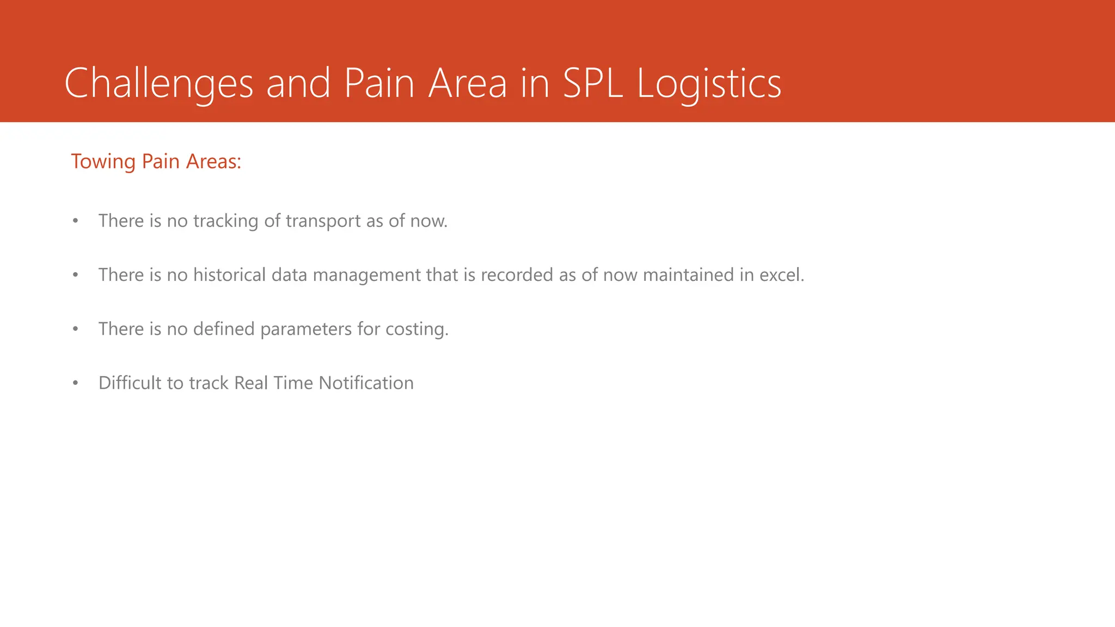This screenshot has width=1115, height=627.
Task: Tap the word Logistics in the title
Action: pos(709,83)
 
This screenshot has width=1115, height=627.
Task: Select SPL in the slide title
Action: pos(593,83)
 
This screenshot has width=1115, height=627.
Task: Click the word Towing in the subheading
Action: pos(103,162)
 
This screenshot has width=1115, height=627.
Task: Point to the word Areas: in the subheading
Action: pos(213,162)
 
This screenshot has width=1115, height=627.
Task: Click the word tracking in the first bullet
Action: pos(225,221)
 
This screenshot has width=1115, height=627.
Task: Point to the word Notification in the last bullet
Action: pos(366,383)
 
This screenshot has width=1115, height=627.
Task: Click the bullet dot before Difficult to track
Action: pos(76,383)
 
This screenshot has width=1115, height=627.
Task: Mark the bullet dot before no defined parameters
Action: pos(76,329)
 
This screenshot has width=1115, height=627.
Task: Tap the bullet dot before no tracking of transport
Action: pos(76,222)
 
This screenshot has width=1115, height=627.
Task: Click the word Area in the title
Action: pos(468,83)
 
